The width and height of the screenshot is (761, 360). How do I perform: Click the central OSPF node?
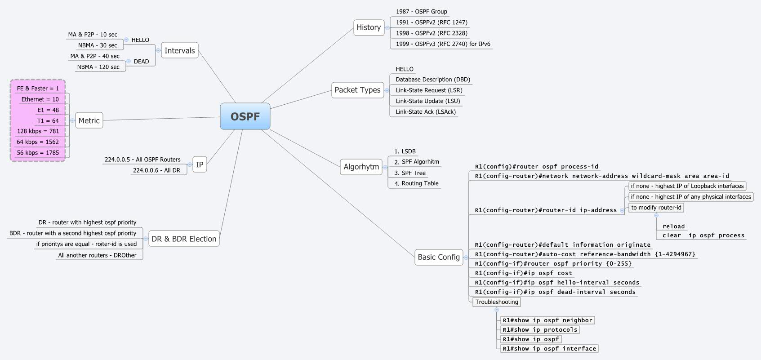point(245,116)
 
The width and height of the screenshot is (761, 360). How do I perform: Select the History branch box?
point(369,27)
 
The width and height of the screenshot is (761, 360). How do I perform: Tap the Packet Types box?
point(357,90)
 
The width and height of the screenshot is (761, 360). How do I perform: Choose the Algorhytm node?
point(361,167)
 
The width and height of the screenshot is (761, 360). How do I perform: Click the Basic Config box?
point(438,257)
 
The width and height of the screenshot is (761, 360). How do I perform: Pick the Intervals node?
point(179,51)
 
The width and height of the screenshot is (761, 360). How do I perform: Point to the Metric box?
point(89,120)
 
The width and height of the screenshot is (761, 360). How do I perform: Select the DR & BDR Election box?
point(184,239)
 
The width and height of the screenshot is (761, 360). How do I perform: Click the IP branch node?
point(200,165)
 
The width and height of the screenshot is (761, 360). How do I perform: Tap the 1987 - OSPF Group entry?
point(421,12)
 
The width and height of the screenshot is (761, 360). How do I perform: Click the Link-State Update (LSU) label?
point(427,101)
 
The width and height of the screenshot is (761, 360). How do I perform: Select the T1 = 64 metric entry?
point(48,120)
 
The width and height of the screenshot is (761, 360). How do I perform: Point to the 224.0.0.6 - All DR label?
point(156,170)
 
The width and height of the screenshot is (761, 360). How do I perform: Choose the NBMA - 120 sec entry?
point(98,67)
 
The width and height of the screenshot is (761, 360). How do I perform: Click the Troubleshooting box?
point(496,302)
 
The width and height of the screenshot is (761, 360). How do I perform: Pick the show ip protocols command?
point(539,330)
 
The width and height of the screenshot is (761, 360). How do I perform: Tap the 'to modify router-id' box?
point(656,208)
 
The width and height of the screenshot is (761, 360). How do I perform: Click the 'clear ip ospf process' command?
point(703,236)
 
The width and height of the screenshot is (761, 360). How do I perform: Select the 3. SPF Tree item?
point(409,173)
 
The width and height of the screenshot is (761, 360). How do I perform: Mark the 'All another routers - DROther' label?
point(97,255)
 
